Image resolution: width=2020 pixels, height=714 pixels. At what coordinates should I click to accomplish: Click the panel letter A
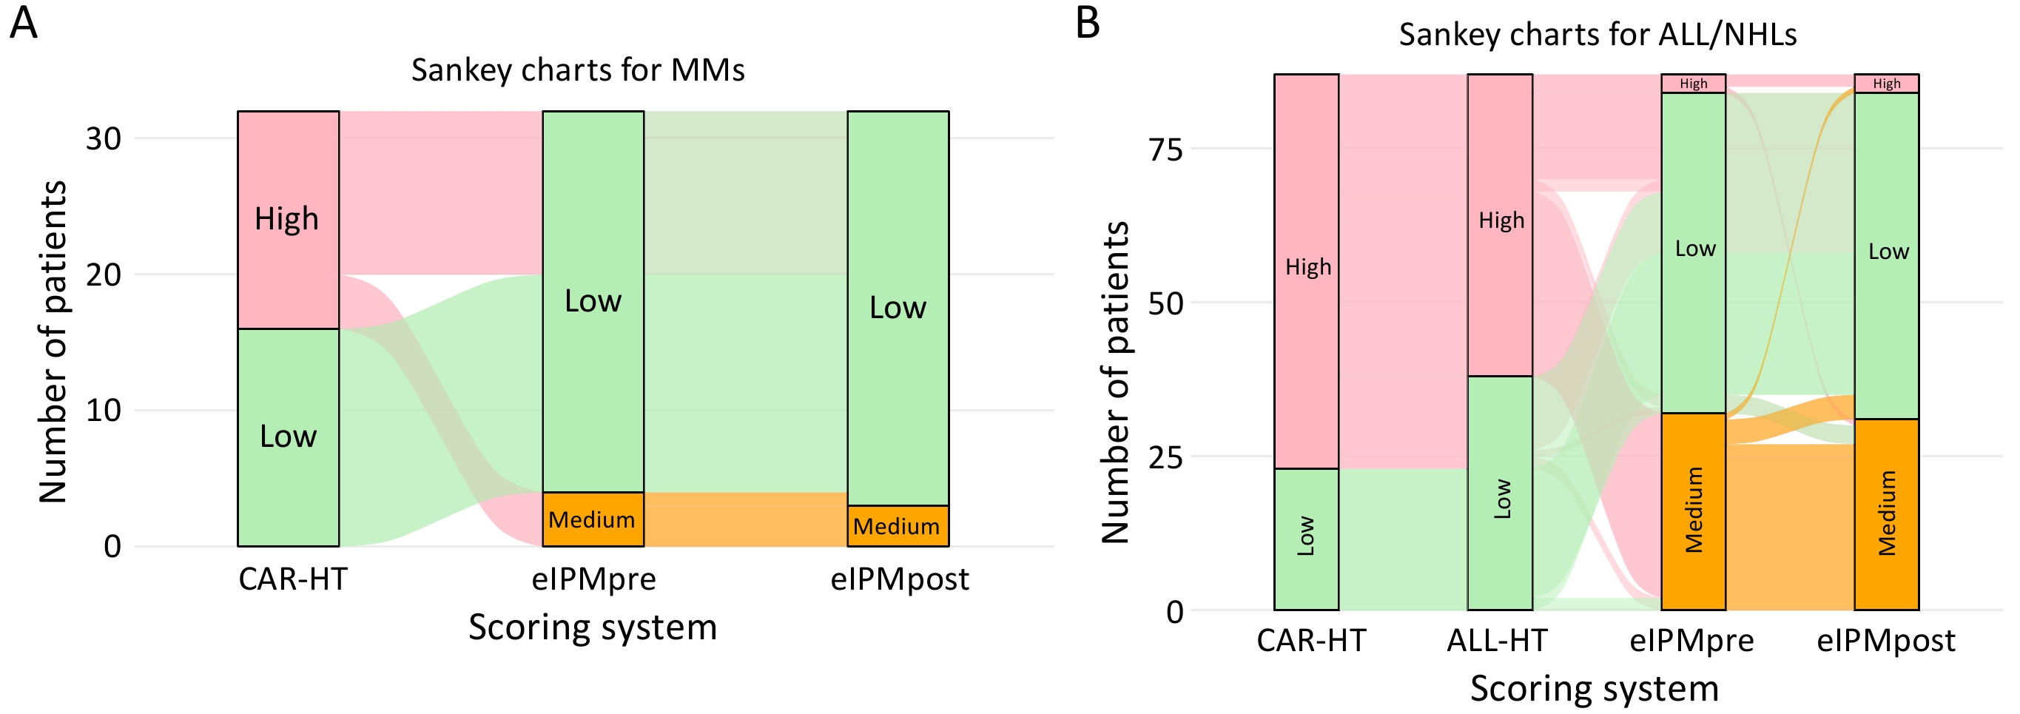(x=24, y=24)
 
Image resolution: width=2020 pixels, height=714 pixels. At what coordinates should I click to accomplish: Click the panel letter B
(x=1088, y=24)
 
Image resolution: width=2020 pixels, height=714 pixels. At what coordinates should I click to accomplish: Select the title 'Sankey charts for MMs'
(x=578, y=70)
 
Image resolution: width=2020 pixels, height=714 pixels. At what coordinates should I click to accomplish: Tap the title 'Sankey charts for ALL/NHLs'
(x=1598, y=36)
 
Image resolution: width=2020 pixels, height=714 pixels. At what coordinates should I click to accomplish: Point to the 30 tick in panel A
(x=104, y=138)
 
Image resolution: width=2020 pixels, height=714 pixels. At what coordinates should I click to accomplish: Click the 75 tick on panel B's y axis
(x=1165, y=149)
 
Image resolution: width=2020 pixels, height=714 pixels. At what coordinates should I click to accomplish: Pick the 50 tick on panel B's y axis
(x=1165, y=303)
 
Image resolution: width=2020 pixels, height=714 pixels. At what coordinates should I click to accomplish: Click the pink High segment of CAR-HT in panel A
(x=288, y=220)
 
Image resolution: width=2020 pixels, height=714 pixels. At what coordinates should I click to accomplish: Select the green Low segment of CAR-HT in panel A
(x=288, y=437)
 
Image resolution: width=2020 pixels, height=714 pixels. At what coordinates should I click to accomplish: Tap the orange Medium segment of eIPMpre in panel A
(x=592, y=519)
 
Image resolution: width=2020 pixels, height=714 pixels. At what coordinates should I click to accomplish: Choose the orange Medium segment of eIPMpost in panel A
(x=897, y=526)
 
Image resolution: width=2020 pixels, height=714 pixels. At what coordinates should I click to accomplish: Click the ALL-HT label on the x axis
(x=1497, y=641)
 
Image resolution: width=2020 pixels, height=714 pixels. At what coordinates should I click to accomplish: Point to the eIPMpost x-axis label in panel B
(x=1886, y=641)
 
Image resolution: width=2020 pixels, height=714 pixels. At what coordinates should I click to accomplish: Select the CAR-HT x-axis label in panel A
(x=292, y=579)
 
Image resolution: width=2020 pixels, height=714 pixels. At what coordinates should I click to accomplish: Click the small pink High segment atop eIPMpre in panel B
(x=1693, y=83)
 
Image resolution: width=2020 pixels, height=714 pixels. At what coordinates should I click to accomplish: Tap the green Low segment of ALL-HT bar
(x=1499, y=494)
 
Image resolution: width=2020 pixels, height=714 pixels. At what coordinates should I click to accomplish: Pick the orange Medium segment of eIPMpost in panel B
(x=1886, y=514)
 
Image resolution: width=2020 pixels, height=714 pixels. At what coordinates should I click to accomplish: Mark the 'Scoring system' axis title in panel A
(x=592, y=627)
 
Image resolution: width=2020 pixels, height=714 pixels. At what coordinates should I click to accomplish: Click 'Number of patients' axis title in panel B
(x=1114, y=383)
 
